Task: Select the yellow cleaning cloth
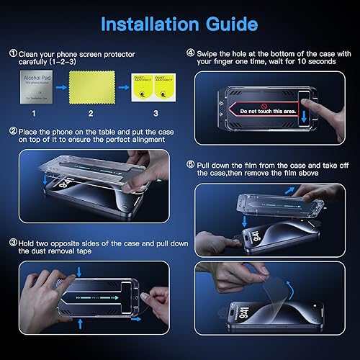(x=90, y=87)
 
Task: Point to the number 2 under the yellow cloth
(x=90, y=114)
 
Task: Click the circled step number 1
(x=12, y=53)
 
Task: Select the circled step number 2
(x=12, y=132)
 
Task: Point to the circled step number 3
(x=12, y=243)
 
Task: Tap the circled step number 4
(x=189, y=53)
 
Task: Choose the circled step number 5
(x=189, y=164)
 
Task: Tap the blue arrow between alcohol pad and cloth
(x=63, y=87)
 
